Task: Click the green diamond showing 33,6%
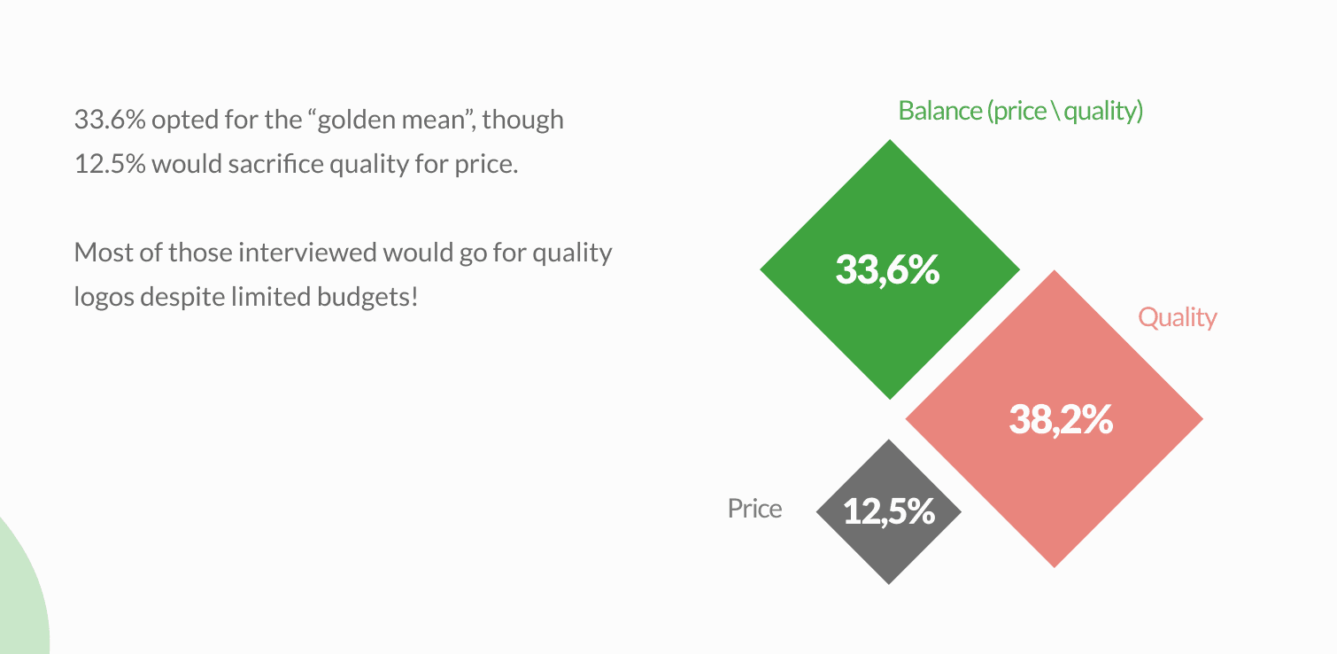(x=889, y=269)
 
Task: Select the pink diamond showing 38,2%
(x=1054, y=418)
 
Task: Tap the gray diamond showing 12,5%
(x=889, y=512)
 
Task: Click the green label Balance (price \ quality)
(x=1021, y=111)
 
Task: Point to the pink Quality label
(x=1177, y=318)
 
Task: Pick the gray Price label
(x=754, y=509)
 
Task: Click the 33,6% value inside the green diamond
(x=887, y=269)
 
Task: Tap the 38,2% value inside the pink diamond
(x=1062, y=419)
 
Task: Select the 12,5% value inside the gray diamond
(x=889, y=512)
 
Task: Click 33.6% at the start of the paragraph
(x=110, y=120)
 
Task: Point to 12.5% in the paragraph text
(x=110, y=164)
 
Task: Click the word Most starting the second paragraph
(x=104, y=253)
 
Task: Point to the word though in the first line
(x=523, y=121)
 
